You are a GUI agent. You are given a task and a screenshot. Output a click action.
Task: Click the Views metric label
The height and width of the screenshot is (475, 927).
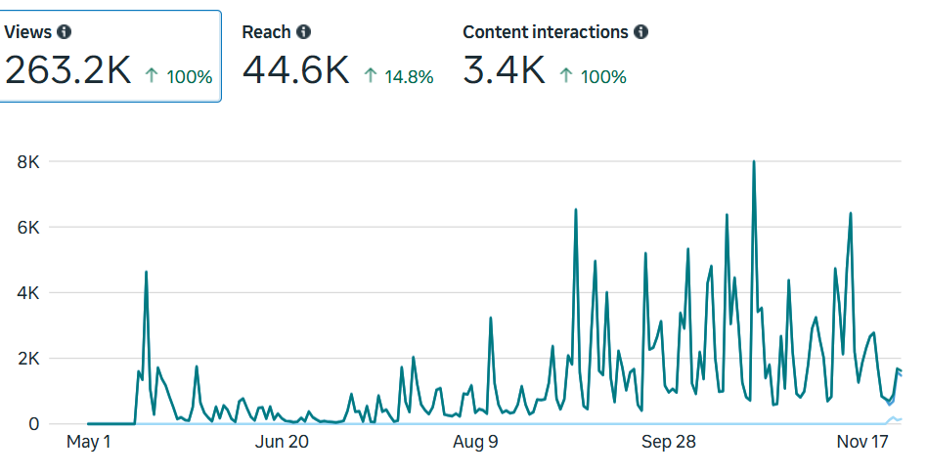click(x=27, y=32)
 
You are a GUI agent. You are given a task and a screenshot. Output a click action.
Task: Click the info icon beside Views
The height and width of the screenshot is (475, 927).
click(x=65, y=32)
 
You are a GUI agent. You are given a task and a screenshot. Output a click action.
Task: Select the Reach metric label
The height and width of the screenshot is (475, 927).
click(x=266, y=32)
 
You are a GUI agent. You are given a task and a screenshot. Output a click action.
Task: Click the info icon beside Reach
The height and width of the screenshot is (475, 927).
click(x=304, y=32)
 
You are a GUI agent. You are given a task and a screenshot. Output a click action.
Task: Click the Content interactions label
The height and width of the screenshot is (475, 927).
click(x=545, y=32)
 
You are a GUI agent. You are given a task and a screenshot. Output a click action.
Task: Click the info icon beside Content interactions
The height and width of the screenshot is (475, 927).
click(x=641, y=32)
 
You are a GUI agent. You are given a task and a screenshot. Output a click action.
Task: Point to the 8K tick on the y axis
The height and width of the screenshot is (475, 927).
click(x=27, y=161)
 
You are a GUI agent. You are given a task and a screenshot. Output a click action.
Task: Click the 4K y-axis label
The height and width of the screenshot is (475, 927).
click(x=27, y=293)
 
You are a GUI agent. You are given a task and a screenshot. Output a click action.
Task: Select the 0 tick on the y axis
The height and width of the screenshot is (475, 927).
click(x=33, y=424)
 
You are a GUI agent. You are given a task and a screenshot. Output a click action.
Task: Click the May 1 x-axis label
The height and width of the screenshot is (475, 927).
click(x=88, y=443)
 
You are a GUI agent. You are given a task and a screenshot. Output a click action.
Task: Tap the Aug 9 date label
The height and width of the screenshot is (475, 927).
click(x=475, y=443)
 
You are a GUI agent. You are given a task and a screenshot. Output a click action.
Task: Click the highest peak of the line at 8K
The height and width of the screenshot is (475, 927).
click(x=753, y=162)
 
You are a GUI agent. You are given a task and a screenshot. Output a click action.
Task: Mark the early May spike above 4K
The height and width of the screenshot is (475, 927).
click(x=146, y=273)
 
